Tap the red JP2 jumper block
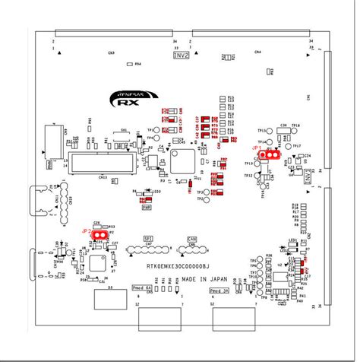(x=97, y=234)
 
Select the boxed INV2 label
(x=182, y=56)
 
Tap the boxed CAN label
(x=191, y=237)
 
